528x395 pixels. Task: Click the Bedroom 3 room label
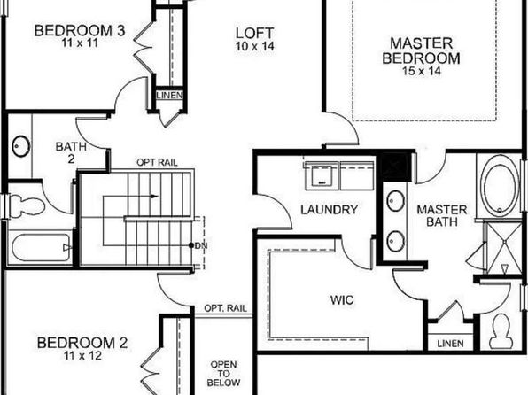pyautogui.click(x=80, y=31)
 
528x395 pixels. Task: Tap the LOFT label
pyautogui.click(x=254, y=34)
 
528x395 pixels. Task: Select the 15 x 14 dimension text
pyautogui.click(x=422, y=71)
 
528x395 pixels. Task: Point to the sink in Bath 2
pyautogui.click(x=21, y=146)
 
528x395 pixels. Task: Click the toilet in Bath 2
pyautogui.click(x=27, y=205)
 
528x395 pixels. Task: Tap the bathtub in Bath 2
pyautogui.click(x=41, y=247)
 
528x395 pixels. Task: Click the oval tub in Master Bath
pyautogui.click(x=500, y=186)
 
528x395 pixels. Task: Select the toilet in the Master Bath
pyautogui.click(x=501, y=331)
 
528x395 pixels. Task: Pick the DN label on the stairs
pyautogui.click(x=201, y=246)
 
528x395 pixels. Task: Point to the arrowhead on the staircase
pyautogui.click(x=154, y=197)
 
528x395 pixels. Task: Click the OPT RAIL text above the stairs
pyautogui.click(x=157, y=163)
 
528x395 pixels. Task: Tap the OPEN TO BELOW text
pyautogui.click(x=223, y=374)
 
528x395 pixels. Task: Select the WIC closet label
pyautogui.click(x=342, y=299)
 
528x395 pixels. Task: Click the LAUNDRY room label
pyautogui.click(x=329, y=210)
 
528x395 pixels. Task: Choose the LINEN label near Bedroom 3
pyautogui.click(x=170, y=96)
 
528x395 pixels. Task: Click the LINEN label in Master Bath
pyautogui.click(x=451, y=344)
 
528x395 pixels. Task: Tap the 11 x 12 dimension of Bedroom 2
pyautogui.click(x=82, y=356)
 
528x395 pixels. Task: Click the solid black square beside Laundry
pyautogui.click(x=395, y=167)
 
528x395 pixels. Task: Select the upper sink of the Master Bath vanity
pyautogui.click(x=396, y=201)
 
